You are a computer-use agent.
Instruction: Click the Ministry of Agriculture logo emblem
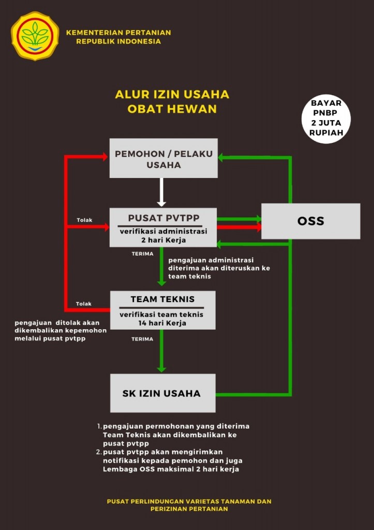click(x=35, y=36)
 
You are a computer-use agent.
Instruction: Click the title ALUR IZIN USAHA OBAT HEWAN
click(x=172, y=101)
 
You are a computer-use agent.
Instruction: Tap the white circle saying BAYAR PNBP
click(x=326, y=119)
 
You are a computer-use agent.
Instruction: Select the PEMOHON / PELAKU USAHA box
click(x=163, y=158)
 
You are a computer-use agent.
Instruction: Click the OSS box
click(x=311, y=221)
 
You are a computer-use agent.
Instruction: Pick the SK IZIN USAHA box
click(x=163, y=393)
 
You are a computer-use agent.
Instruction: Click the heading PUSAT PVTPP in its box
click(x=164, y=218)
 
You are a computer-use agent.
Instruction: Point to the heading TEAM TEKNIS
click(x=162, y=299)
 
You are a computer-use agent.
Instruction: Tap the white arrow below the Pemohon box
click(x=161, y=192)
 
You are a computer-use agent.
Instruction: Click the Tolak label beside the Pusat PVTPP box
click(x=84, y=220)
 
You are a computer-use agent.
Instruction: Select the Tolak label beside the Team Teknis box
click(x=84, y=304)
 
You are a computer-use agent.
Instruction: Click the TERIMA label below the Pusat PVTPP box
click(x=143, y=254)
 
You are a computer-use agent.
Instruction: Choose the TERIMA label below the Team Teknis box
click(x=142, y=339)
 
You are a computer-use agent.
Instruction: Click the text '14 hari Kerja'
click(x=162, y=323)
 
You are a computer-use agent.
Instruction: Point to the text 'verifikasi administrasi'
click(x=163, y=231)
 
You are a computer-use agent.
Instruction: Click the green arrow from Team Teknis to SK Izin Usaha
click(x=161, y=351)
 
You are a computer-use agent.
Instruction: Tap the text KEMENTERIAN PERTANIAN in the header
click(x=118, y=33)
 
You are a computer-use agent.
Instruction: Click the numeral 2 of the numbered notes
click(x=99, y=452)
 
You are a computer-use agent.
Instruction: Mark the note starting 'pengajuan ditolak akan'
click(x=61, y=331)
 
